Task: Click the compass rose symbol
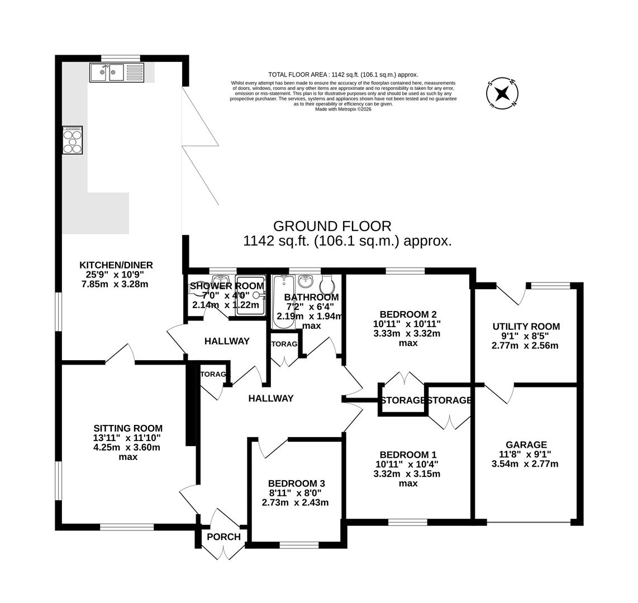click(502, 92)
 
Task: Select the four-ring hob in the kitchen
click(73, 140)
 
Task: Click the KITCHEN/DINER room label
click(116, 265)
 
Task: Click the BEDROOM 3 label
click(296, 484)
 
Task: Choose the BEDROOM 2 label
click(407, 314)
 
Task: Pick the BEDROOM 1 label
click(407, 454)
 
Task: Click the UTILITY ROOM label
click(526, 327)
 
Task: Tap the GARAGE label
click(526, 444)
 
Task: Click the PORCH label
click(223, 537)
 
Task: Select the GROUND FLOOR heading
click(332, 226)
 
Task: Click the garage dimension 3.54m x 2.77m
click(525, 464)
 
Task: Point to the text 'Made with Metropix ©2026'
click(343, 109)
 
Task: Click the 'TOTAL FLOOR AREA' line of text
click(343, 75)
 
